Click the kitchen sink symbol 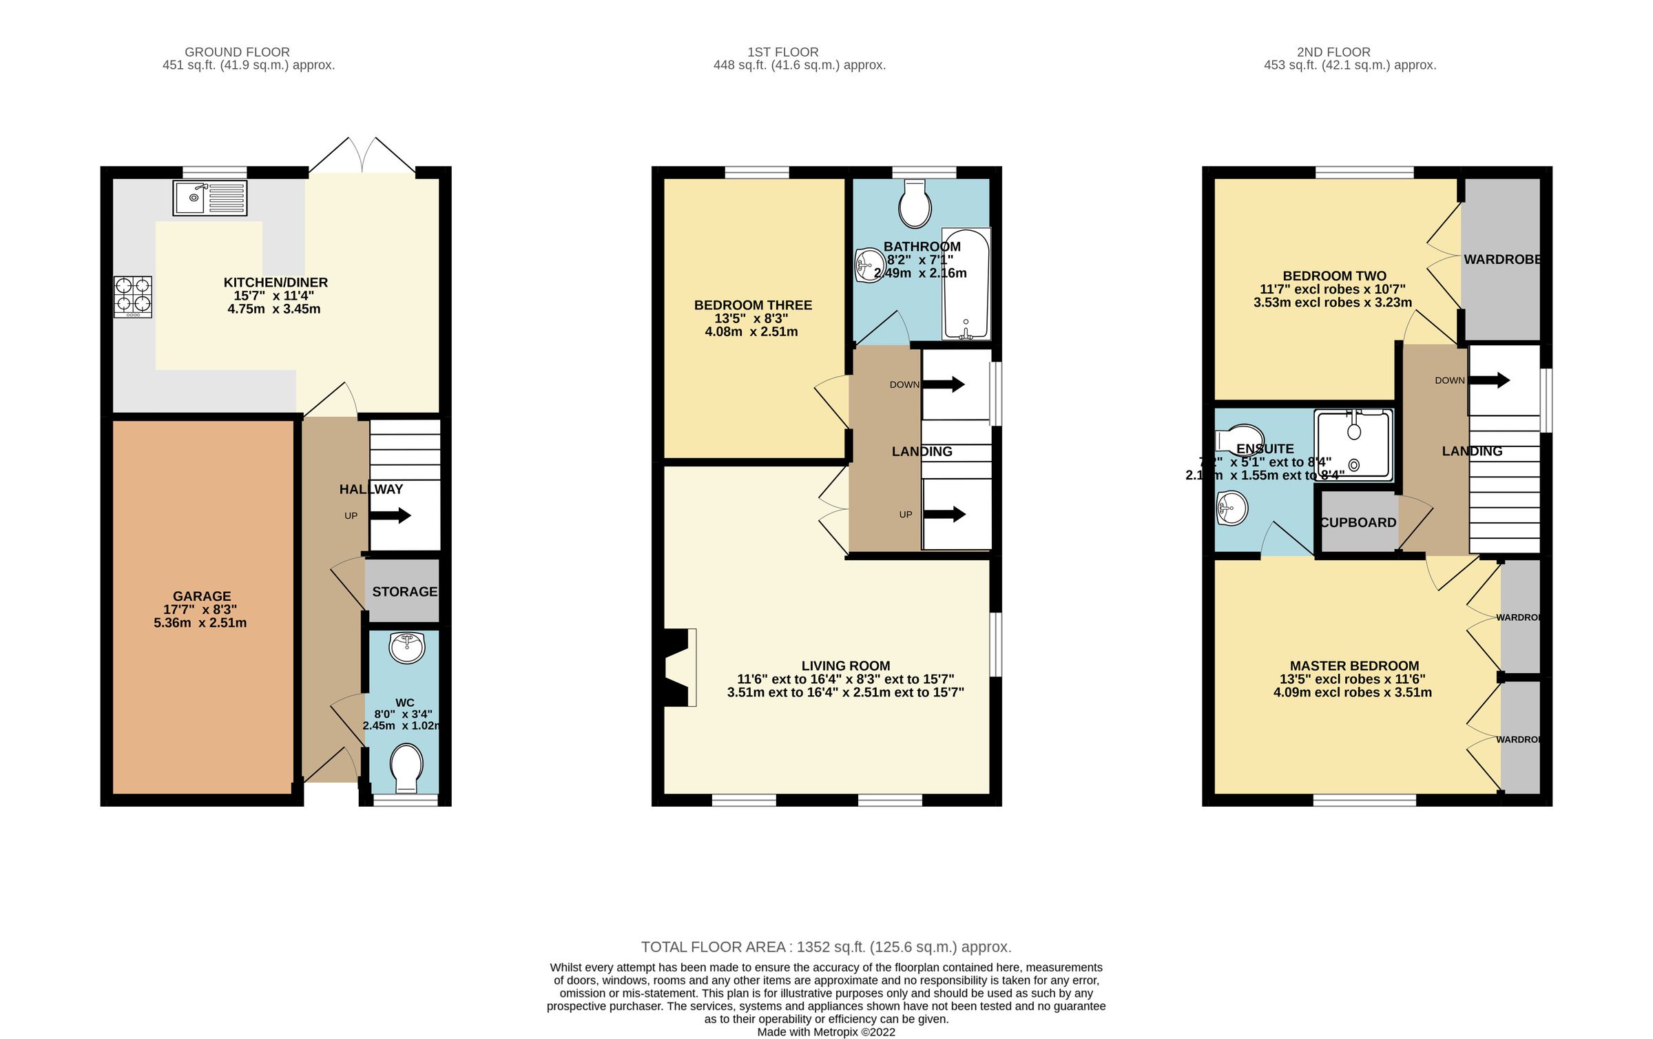click(x=209, y=198)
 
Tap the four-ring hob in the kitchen click(x=133, y=296)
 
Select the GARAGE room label click(x=202, y=596)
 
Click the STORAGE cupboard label click(x=404, y=592)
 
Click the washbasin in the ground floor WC click(x=406, y=647)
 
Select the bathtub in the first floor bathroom click(x=966, y=284)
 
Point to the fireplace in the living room click(x=678, y=668)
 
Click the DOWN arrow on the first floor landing click(x=944, y=384)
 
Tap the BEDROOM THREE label click(x=753, y=305)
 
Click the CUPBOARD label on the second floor click(x=1358, y=523)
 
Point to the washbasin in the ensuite click(x=1232, y=508)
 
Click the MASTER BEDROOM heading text click(x=1354, y=666)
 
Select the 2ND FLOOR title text click(x=1333, y=52)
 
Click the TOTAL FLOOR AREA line click(x=826, y=947)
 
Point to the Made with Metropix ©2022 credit click(x=826, y=1031)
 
